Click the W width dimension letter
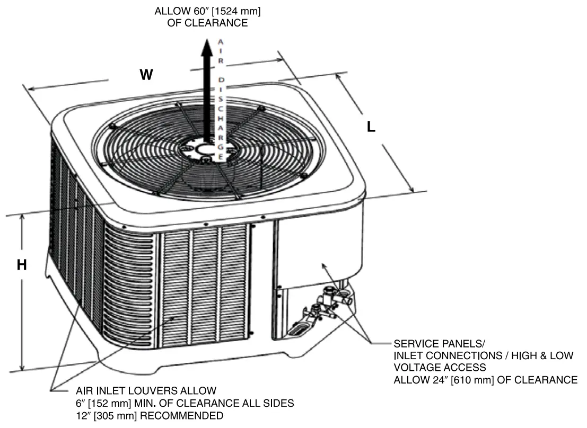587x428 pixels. (x=146, y=75)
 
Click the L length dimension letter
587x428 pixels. (x=372, y=127)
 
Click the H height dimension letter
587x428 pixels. (x=22, y=265)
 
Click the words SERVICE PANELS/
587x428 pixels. (x=439, y=343)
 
